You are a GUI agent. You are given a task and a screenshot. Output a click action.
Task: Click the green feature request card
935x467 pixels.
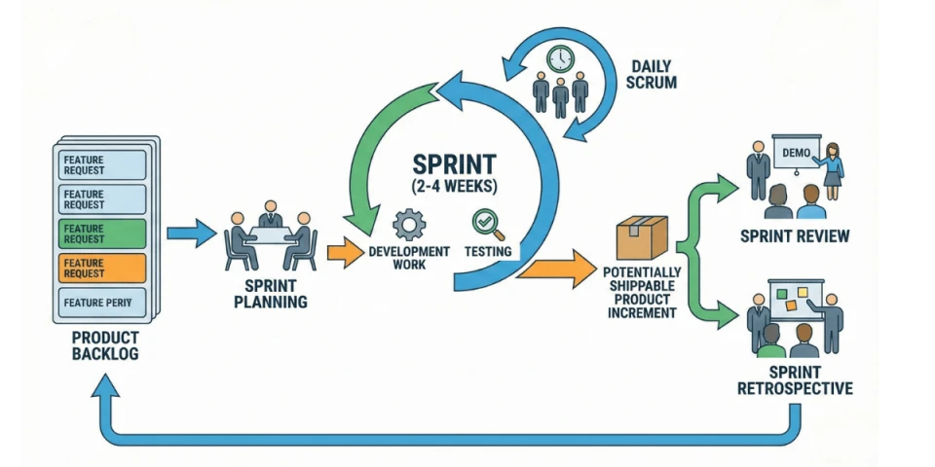[103, 233]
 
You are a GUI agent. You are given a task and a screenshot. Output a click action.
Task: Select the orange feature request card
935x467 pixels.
[103, 268]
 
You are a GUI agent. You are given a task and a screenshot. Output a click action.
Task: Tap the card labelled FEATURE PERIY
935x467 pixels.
[103, 302]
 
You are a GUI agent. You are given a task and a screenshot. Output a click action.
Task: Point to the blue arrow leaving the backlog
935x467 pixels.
[191, 233]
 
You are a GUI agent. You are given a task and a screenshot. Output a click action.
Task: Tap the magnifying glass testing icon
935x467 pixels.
[485, 225]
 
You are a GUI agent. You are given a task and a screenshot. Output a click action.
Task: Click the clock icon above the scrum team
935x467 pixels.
[560, 59]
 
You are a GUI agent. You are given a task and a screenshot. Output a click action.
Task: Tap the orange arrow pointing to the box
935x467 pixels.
[556, 269]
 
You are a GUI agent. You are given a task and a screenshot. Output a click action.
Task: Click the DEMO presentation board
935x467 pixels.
[797, 152]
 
